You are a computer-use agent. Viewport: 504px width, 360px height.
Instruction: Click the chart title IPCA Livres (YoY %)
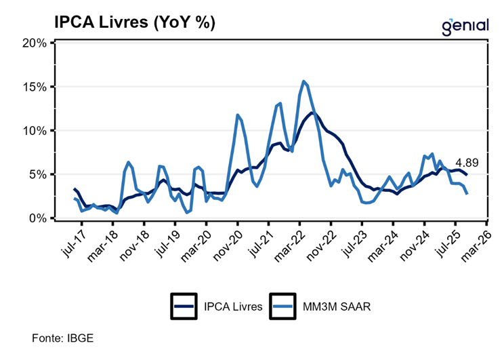click(x=135, y=23)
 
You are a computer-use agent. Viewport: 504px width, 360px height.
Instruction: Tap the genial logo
click(x=465, y=25)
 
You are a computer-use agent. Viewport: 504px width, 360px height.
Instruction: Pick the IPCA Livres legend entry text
click(x=232, y=306)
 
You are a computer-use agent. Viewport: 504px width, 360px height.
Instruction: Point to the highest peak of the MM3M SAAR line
click(x=303, y=81)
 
